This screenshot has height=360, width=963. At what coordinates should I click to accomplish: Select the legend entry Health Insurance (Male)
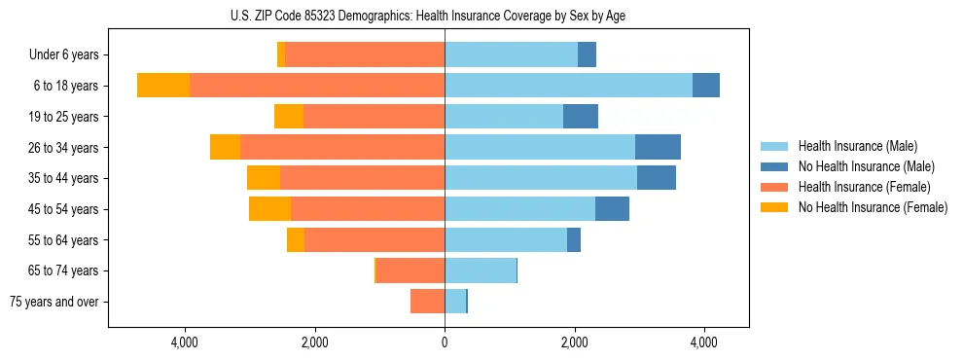(857, 146)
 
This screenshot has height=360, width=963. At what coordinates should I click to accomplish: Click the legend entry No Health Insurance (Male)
(866, 166)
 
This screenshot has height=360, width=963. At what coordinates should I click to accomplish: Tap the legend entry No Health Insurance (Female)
(873, 207)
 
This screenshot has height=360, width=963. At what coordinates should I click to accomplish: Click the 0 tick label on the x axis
(445, 342)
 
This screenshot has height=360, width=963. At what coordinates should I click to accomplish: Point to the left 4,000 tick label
(185, 342)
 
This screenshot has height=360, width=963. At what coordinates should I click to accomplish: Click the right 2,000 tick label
(574, 342)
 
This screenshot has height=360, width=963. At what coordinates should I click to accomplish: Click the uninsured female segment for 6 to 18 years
(163, 86)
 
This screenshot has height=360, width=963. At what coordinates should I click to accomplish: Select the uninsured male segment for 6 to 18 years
(706, 86)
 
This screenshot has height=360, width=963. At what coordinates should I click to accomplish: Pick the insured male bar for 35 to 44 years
(541, 178)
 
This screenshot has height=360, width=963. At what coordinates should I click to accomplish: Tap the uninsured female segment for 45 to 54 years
(269, 209)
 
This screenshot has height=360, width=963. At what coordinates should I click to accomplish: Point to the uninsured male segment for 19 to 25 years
(581, 117)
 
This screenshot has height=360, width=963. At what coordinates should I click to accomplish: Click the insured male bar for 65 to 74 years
(481, 270)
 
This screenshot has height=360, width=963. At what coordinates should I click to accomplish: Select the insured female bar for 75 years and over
(428, 302)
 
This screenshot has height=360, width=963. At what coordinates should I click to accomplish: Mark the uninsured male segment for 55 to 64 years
(574, 239)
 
